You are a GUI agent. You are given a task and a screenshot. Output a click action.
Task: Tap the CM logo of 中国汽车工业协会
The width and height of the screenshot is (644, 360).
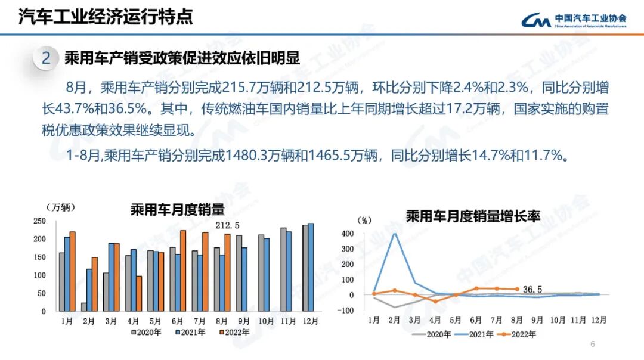click(535, 21)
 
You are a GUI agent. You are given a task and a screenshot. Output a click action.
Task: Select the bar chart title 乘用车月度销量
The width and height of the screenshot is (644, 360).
click(177, 210)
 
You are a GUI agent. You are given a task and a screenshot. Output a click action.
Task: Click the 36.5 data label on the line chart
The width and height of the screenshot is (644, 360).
click(532, 290)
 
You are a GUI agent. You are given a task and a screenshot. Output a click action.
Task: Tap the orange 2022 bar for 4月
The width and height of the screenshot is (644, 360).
click(139, 293)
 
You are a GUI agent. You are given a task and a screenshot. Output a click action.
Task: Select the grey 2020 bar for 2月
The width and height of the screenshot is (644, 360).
click(83, 307)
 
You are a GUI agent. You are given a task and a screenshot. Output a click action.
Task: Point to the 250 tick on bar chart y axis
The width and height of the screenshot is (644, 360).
click(39, 221)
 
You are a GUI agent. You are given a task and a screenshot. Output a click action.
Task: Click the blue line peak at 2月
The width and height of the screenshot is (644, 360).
click(395, 233)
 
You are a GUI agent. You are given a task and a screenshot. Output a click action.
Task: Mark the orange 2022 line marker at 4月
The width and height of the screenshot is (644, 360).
click(435, 302)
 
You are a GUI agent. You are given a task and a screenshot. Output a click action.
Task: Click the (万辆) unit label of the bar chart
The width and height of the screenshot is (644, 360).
click(61, 207)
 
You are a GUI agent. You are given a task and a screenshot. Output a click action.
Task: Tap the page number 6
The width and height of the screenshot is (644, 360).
click(592, 345)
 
